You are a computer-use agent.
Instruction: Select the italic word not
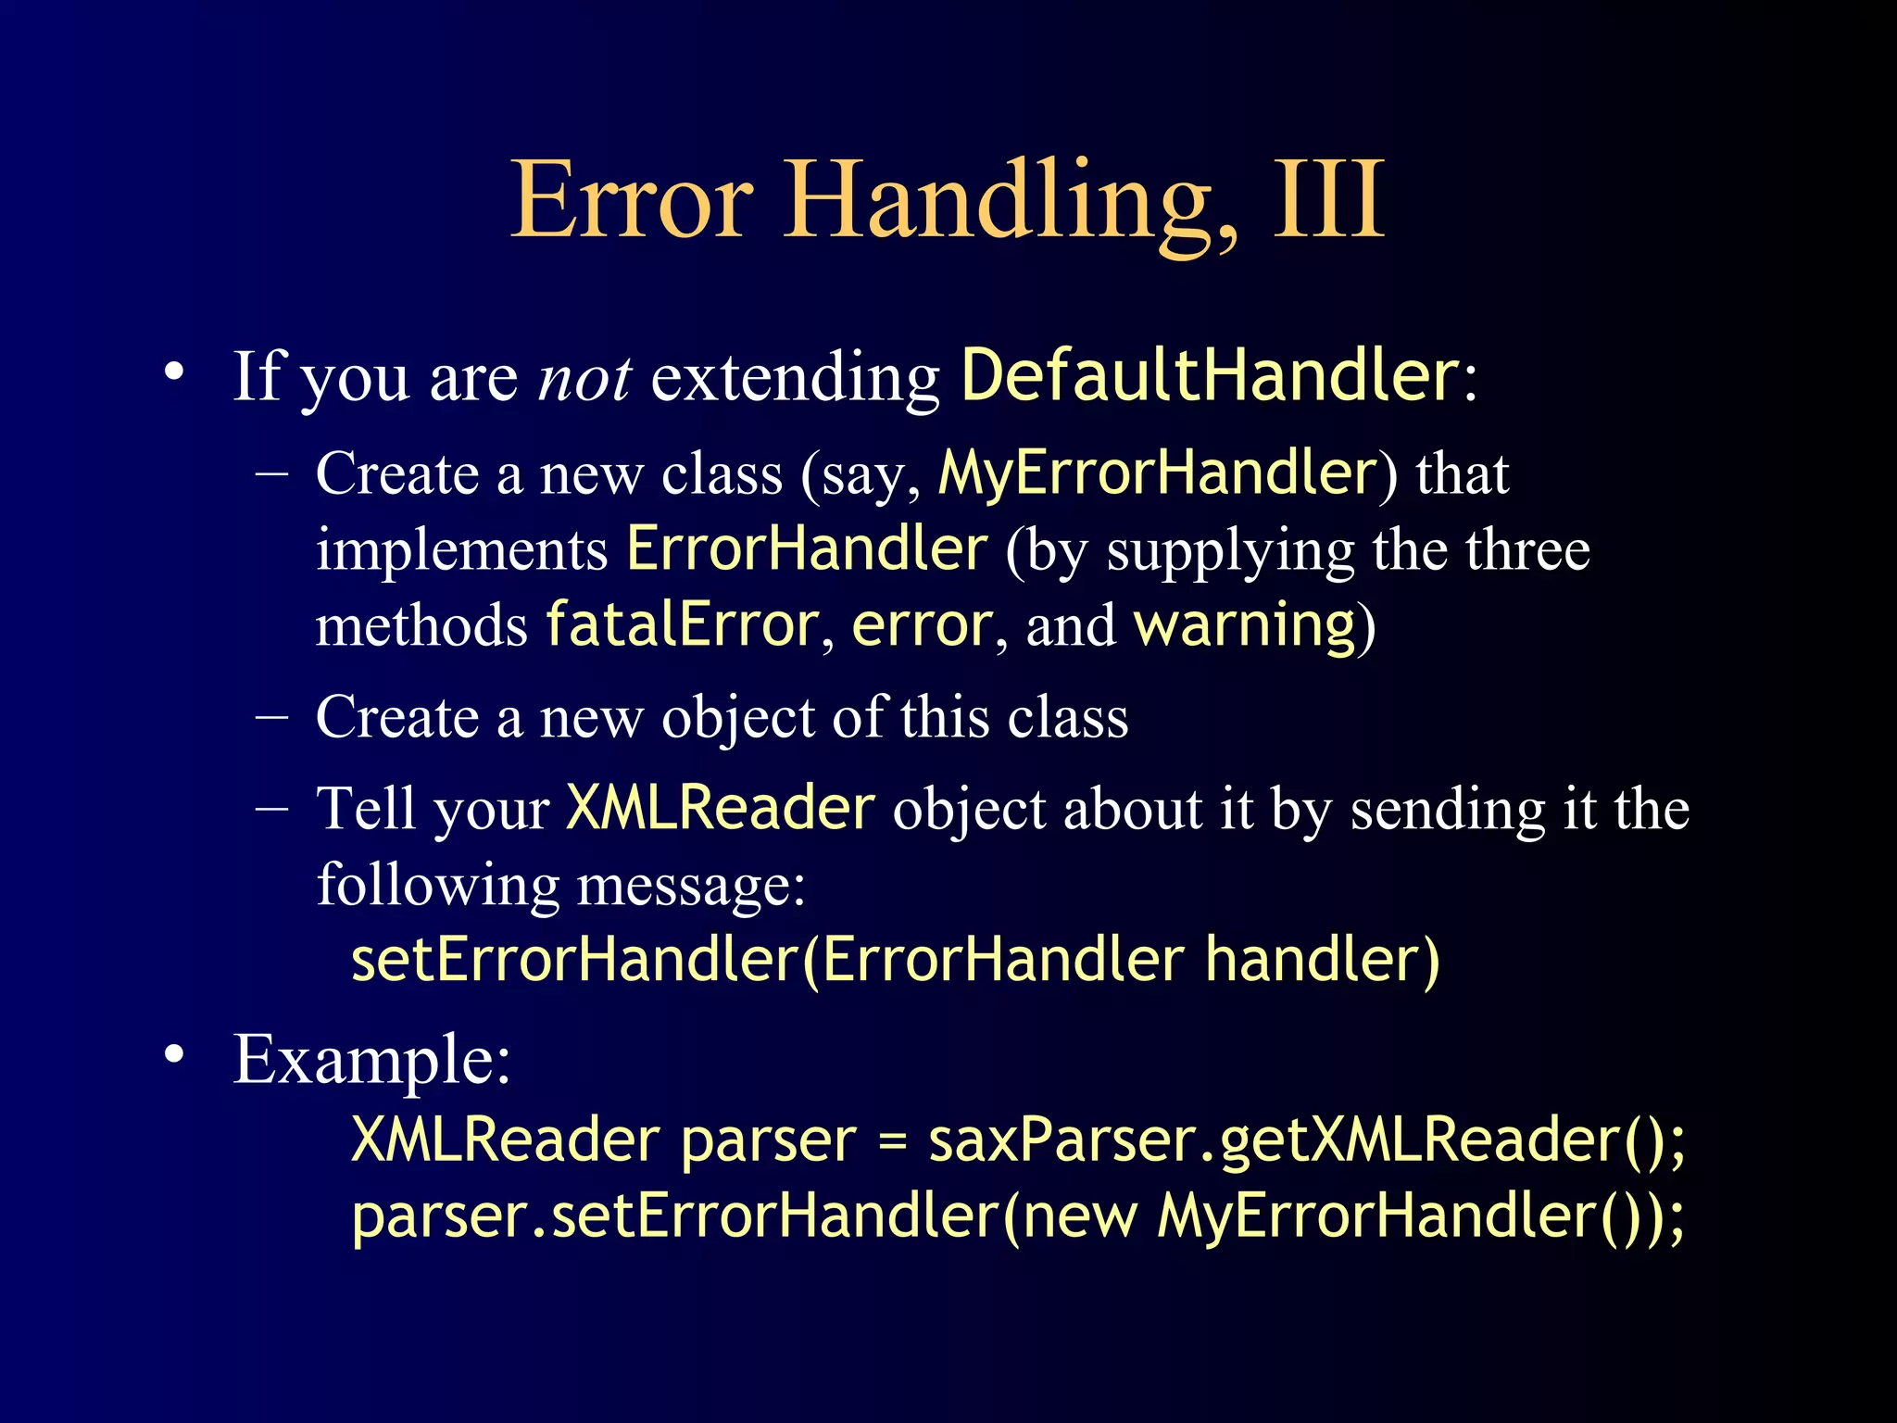click(584, 378)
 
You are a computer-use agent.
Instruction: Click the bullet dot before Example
click(174, 1055)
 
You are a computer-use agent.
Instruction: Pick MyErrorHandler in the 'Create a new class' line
click(1158, 473)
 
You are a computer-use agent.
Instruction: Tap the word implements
click(461, 549)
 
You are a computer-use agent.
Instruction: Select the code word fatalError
click(682, 625)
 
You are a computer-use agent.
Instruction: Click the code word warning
click(1245, 625)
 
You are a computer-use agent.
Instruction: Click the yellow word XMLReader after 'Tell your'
click(720, 808)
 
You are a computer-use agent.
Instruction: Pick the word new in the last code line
click(1080, 1216)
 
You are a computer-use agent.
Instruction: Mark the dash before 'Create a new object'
click(271, 718)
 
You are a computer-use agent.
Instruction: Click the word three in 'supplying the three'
click(1527, 549)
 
